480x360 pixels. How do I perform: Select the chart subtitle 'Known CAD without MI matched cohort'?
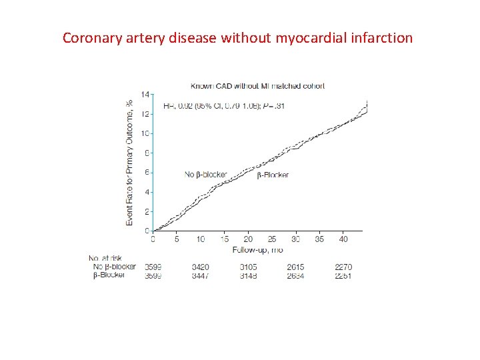tap(257, 86)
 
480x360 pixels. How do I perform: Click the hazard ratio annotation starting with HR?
tap(224, 105)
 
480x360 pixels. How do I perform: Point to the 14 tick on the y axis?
tap(147, 94)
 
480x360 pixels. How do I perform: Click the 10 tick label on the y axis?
tap(147, 133)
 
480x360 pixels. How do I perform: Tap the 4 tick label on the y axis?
tap(148, 192)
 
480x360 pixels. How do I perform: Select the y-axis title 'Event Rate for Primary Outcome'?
tap(130, 162)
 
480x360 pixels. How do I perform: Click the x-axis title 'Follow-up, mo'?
tap(257, 250)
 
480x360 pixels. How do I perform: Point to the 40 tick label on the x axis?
tap(343, 239)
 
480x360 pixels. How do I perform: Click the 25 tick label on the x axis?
tap(272, 239)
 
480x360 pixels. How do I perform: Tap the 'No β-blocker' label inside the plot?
tap(206, 175)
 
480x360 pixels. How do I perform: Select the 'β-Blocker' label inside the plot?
tap(273, 175)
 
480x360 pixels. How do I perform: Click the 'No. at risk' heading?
tap(106, 258)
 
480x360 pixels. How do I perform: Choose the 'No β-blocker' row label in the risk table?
tap(114, 267)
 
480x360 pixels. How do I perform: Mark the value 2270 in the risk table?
tap(343, 267)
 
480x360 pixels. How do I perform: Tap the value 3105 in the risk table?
tap(248, 267)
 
